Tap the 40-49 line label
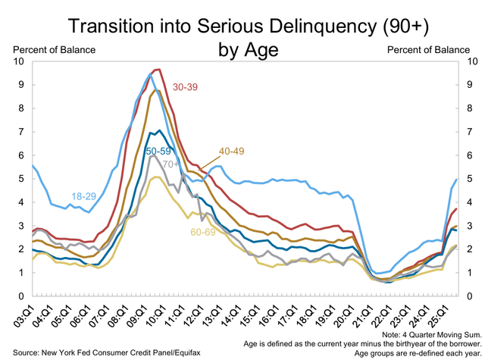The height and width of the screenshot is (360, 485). click(x=232, y=152)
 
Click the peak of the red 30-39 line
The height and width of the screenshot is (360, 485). click(x=157, y=70)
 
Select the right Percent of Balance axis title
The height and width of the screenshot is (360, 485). click(x=428, y=50)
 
